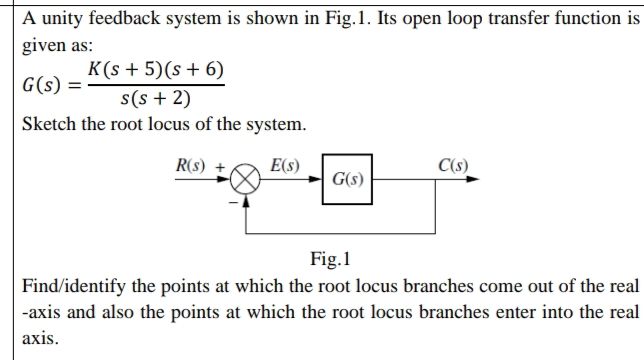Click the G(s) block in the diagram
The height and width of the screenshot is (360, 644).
[x=347, y=180]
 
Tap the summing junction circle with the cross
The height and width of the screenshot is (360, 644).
[x=246, y=181]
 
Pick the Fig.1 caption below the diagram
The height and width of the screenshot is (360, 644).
[x=330, y=262]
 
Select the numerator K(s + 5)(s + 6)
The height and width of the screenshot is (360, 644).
[x=155, y=70]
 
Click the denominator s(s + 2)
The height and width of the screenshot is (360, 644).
[x=155, y=98]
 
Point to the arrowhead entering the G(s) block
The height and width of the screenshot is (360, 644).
[x=316, y=181]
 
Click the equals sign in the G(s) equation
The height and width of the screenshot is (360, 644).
[x=75, y=84]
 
